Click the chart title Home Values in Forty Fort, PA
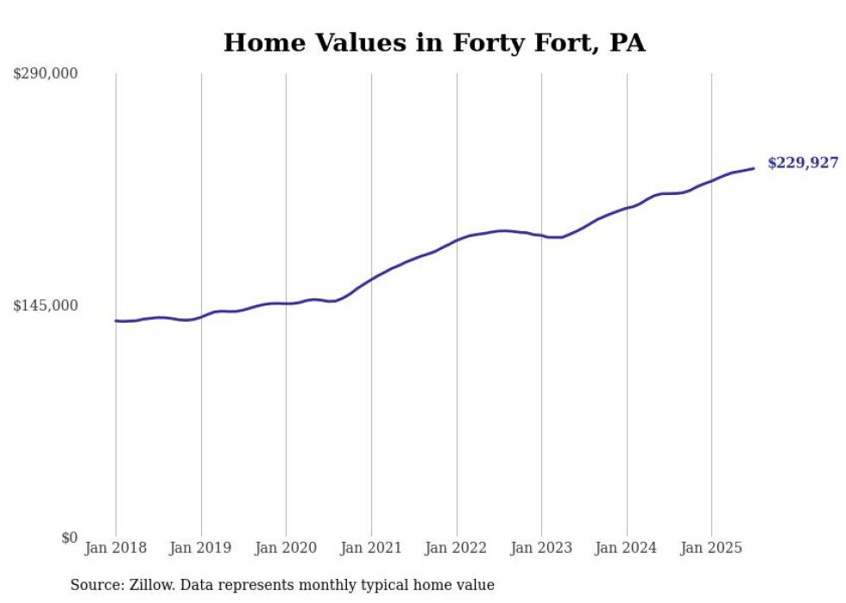tap(434, 42)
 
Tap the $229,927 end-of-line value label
tap(802, 163)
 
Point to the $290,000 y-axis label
tap(46, 73)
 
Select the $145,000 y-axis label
tap(46, 305)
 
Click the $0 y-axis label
tap(69, 537)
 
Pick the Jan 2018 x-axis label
tap(116, 548)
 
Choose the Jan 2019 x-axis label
tap(201, 548)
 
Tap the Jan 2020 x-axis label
tap(286, 548)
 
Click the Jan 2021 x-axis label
tap(371, 548)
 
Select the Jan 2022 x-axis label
tap(457, 548)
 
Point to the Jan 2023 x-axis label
tap(541, 548)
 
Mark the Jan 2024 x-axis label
tap(627, 548)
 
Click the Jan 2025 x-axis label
tap(711, 548)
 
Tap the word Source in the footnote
tap(94, 585)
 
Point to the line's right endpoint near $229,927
tap(754, 168)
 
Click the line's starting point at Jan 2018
tap(116, 321)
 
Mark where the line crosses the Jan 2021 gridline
tap(371, 279)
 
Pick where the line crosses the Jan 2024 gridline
tap(627, 208)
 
